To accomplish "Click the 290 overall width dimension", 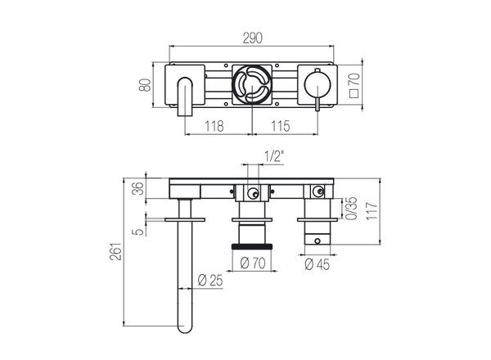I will pyautogui.click(x=253, y=37).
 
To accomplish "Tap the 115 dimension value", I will pyautogui.click(x=282, y=127).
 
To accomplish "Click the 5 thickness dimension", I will pyautogui.click(x=137, y=232).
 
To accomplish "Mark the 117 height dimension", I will pyautogui.click(x=372, y=208).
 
